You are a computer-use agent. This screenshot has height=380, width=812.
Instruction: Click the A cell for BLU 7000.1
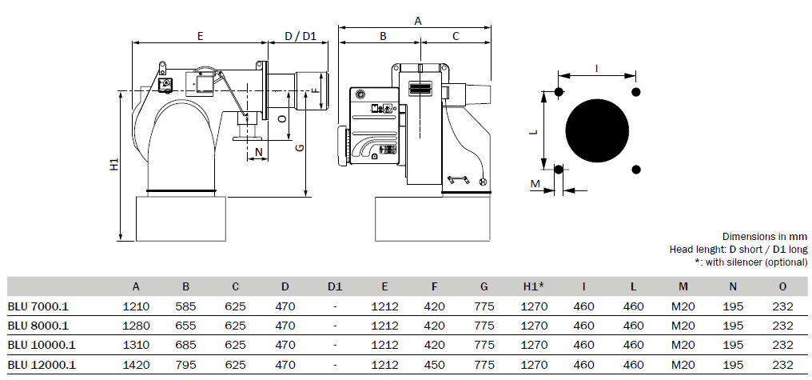coord(136,306)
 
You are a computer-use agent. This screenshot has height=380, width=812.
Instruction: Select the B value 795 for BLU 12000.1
coord(186,365)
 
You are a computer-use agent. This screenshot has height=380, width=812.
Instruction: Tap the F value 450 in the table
coord(434,365)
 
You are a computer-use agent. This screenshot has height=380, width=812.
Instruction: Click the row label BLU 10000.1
coord(42,346)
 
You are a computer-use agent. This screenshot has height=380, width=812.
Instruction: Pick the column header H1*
coord(533,286)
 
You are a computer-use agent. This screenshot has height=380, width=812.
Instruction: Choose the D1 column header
coord(335,286)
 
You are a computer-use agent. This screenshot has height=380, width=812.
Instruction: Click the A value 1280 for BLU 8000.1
coord(136,326)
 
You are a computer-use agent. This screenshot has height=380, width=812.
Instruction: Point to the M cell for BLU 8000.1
coord(683,326)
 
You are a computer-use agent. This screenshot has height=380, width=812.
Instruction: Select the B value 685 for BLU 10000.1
coord(186,346)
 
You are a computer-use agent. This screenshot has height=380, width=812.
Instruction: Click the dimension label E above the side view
coord(200,36)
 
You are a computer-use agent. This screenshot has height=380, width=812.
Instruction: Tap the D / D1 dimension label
coord(301,36)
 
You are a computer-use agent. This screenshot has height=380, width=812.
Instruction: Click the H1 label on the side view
coord(114,164)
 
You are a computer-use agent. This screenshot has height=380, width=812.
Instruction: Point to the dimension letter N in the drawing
coord(259,153)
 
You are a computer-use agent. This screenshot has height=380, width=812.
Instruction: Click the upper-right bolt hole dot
coord(636,92)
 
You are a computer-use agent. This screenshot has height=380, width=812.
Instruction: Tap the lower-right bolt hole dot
coord(636,170)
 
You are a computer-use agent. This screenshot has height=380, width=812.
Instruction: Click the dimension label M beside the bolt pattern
coord(535,183)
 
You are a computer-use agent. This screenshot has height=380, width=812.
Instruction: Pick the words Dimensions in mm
coord(764,236)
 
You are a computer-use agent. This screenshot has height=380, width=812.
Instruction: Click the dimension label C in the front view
coord(456,36)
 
